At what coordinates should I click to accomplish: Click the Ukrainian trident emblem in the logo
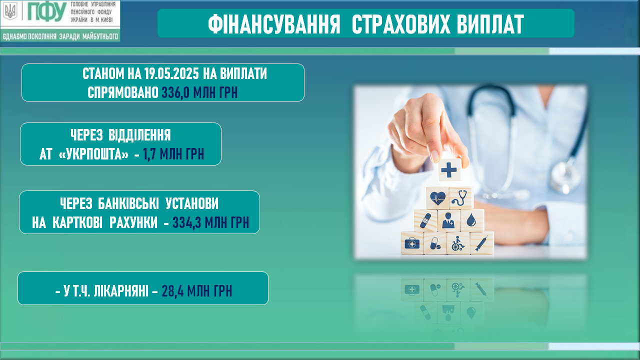click(11, 11)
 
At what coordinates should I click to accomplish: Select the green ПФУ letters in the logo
click(47, 12)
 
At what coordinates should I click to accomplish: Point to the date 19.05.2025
click(171, 73)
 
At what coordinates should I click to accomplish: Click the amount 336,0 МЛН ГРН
click(199, 92)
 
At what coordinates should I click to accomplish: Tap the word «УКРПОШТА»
click(93, 154)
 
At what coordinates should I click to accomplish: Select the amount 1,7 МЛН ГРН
click(173, 154)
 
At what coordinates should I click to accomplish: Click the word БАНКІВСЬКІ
click(128, 203)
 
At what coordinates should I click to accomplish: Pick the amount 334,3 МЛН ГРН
click(211, 222)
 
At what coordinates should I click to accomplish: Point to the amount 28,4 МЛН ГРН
click(197, 291)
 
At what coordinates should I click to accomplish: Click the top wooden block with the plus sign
click(449, 169)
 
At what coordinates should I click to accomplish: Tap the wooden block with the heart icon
click(437, 197)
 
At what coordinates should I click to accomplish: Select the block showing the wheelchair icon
click(457, 243)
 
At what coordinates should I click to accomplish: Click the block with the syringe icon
click(481, 243)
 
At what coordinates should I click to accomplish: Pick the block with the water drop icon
click(471, 220)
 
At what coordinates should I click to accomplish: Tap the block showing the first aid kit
click(412, 243)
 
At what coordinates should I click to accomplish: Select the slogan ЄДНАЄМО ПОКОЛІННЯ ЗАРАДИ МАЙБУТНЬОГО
click(60, 36)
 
